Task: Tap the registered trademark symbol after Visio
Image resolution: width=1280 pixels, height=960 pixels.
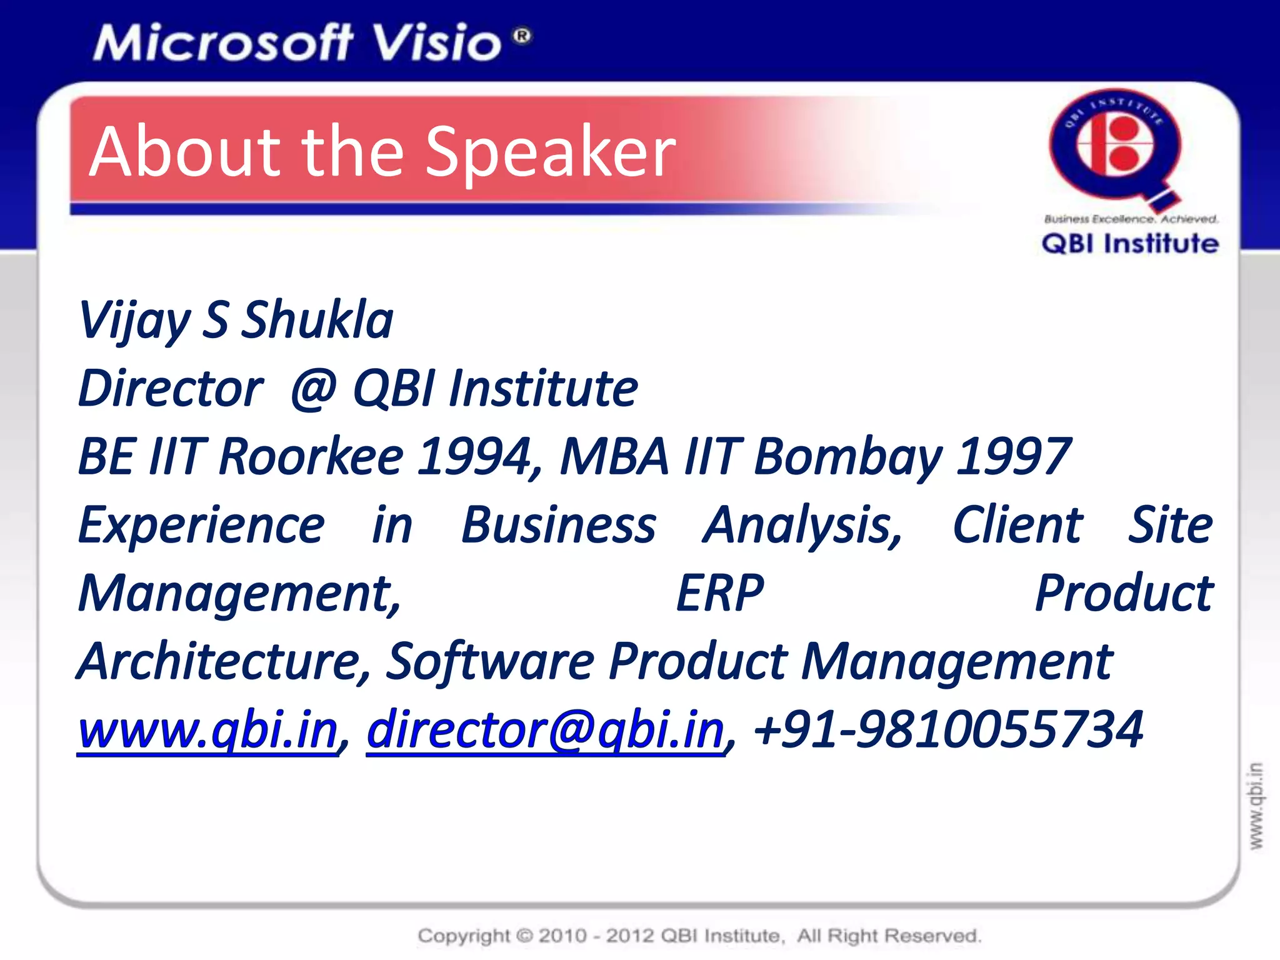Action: (x=522, y=36)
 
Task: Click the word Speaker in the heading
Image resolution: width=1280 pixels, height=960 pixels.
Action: (x=550, y=152)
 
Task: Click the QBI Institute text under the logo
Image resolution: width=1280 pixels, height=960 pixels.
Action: (x=1130, y=244)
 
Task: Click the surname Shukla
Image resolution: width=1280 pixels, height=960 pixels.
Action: (x=317, y=320)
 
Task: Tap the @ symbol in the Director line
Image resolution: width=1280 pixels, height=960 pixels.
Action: (x=314, y=389)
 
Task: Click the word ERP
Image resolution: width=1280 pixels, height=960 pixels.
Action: (x=720, y=593)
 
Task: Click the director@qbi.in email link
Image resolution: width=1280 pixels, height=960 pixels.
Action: (x=545, y=730)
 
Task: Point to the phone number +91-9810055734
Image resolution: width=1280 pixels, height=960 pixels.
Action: (x=949, y=729)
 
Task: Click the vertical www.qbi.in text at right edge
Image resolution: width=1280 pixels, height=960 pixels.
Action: (x=1256, y=806)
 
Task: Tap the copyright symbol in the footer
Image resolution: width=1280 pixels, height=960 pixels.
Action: (x=525, y=936)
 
